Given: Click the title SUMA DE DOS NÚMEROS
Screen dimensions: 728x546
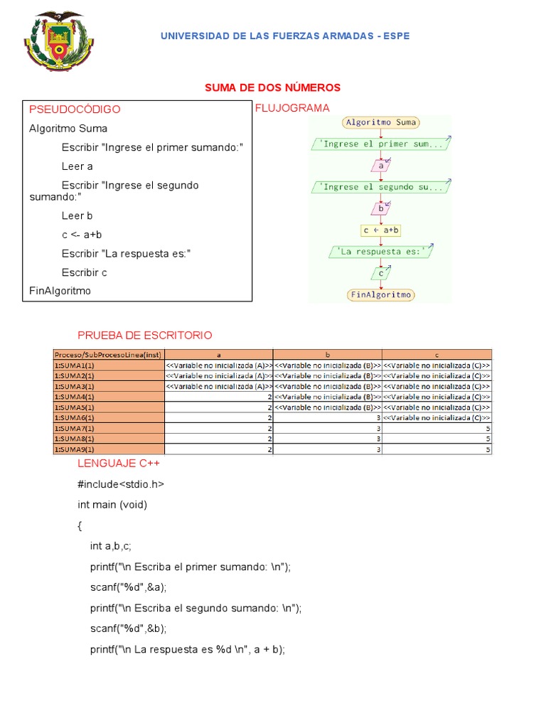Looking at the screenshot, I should click(272, 87).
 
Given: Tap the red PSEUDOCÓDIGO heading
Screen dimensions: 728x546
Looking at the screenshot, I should click(75, 109).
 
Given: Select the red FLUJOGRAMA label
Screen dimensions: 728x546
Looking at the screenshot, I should click(291, 108).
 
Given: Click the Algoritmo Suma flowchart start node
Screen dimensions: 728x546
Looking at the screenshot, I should click(380, 122).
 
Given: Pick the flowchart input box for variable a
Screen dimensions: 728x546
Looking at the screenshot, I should click(380, 166).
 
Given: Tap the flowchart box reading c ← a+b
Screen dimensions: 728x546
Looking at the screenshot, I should click(380, 230).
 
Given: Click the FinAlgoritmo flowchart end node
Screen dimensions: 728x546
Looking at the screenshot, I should click(381, 294).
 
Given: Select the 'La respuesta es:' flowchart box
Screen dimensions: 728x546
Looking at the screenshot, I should click(380, 252).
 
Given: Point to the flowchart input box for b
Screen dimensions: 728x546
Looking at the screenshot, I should click(380, 209).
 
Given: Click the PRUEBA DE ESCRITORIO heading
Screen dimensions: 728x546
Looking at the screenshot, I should click(144, 336).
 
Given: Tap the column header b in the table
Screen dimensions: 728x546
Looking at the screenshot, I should click(327, 354).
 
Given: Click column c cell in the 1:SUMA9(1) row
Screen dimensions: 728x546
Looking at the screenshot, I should click(437, 450).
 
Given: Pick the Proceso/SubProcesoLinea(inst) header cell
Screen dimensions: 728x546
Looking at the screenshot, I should click(109, 354).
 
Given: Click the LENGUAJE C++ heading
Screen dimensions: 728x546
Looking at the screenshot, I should click(119, 464).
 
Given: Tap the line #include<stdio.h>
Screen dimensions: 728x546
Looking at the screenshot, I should click(121, 484).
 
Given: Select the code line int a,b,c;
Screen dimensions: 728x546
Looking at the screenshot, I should click(110, 546).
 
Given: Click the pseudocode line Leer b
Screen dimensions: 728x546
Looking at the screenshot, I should click(77, 215).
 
